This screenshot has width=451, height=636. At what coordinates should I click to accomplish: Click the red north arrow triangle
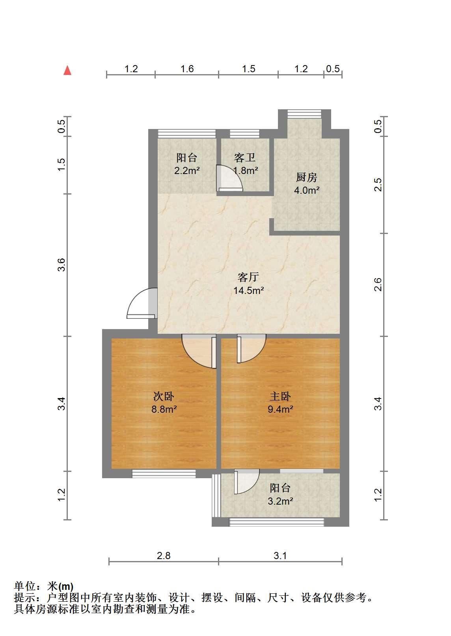(67, 70)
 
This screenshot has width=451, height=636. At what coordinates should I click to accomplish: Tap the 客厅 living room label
(248, 277)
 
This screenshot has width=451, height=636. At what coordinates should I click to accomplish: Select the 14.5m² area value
(248, 290)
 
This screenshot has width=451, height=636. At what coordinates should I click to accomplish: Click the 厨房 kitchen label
(306, 177)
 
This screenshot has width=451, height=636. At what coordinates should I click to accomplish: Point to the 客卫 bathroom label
(245, 157)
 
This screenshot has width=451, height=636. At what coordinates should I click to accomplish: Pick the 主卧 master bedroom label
(280, 397)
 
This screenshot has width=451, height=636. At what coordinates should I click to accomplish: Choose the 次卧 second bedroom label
(164, 397)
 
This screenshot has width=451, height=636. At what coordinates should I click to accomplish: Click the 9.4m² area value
(280, 409)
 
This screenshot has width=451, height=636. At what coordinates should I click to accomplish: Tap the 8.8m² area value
(164, 409)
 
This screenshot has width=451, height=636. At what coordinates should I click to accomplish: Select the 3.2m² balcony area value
(280, 501)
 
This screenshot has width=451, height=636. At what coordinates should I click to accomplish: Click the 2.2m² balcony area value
(186, 171)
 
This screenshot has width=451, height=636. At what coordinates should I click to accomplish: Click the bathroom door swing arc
(230, 178)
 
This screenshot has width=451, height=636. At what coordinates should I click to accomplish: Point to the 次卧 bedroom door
(199, 351)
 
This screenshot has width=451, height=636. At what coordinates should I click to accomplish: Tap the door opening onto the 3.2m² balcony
(247, 481)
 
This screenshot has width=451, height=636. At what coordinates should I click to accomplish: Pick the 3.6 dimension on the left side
(61, 265)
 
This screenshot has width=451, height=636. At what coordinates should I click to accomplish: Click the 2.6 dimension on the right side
(378, 284)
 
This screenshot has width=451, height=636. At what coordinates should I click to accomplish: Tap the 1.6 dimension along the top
(187, 69)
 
